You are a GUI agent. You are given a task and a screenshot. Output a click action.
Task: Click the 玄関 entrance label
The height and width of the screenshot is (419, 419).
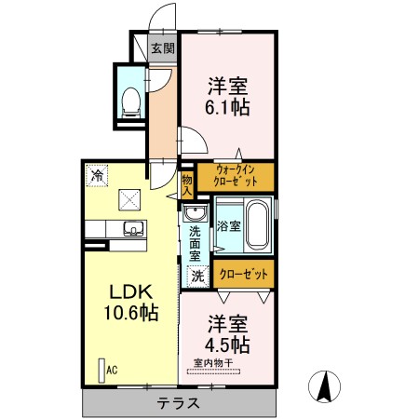[163, 48]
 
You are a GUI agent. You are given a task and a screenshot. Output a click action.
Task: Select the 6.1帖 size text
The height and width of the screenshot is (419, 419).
[228, 106]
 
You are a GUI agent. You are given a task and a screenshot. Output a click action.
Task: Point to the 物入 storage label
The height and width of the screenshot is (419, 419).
[187, 182]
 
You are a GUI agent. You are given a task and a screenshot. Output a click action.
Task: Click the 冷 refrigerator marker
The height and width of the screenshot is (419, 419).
[96, 173]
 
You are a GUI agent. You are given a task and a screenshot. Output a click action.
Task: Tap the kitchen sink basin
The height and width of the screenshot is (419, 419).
[132, 229]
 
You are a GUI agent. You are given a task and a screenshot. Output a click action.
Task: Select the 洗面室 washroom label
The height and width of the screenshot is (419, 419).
[196, 242]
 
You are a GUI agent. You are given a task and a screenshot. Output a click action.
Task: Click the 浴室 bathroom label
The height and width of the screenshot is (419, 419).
[228, 226]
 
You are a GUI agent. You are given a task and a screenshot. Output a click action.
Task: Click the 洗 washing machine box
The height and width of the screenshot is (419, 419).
[197, 276]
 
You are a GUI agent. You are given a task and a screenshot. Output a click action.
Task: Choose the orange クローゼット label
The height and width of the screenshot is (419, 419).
[243, 274]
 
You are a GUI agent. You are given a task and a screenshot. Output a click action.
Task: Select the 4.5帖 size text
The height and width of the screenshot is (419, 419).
[228, 345]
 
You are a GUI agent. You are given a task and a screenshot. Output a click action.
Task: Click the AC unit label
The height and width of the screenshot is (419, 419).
[111, 370]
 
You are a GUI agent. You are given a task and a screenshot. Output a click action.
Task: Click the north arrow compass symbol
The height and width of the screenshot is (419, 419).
[325, 385]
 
